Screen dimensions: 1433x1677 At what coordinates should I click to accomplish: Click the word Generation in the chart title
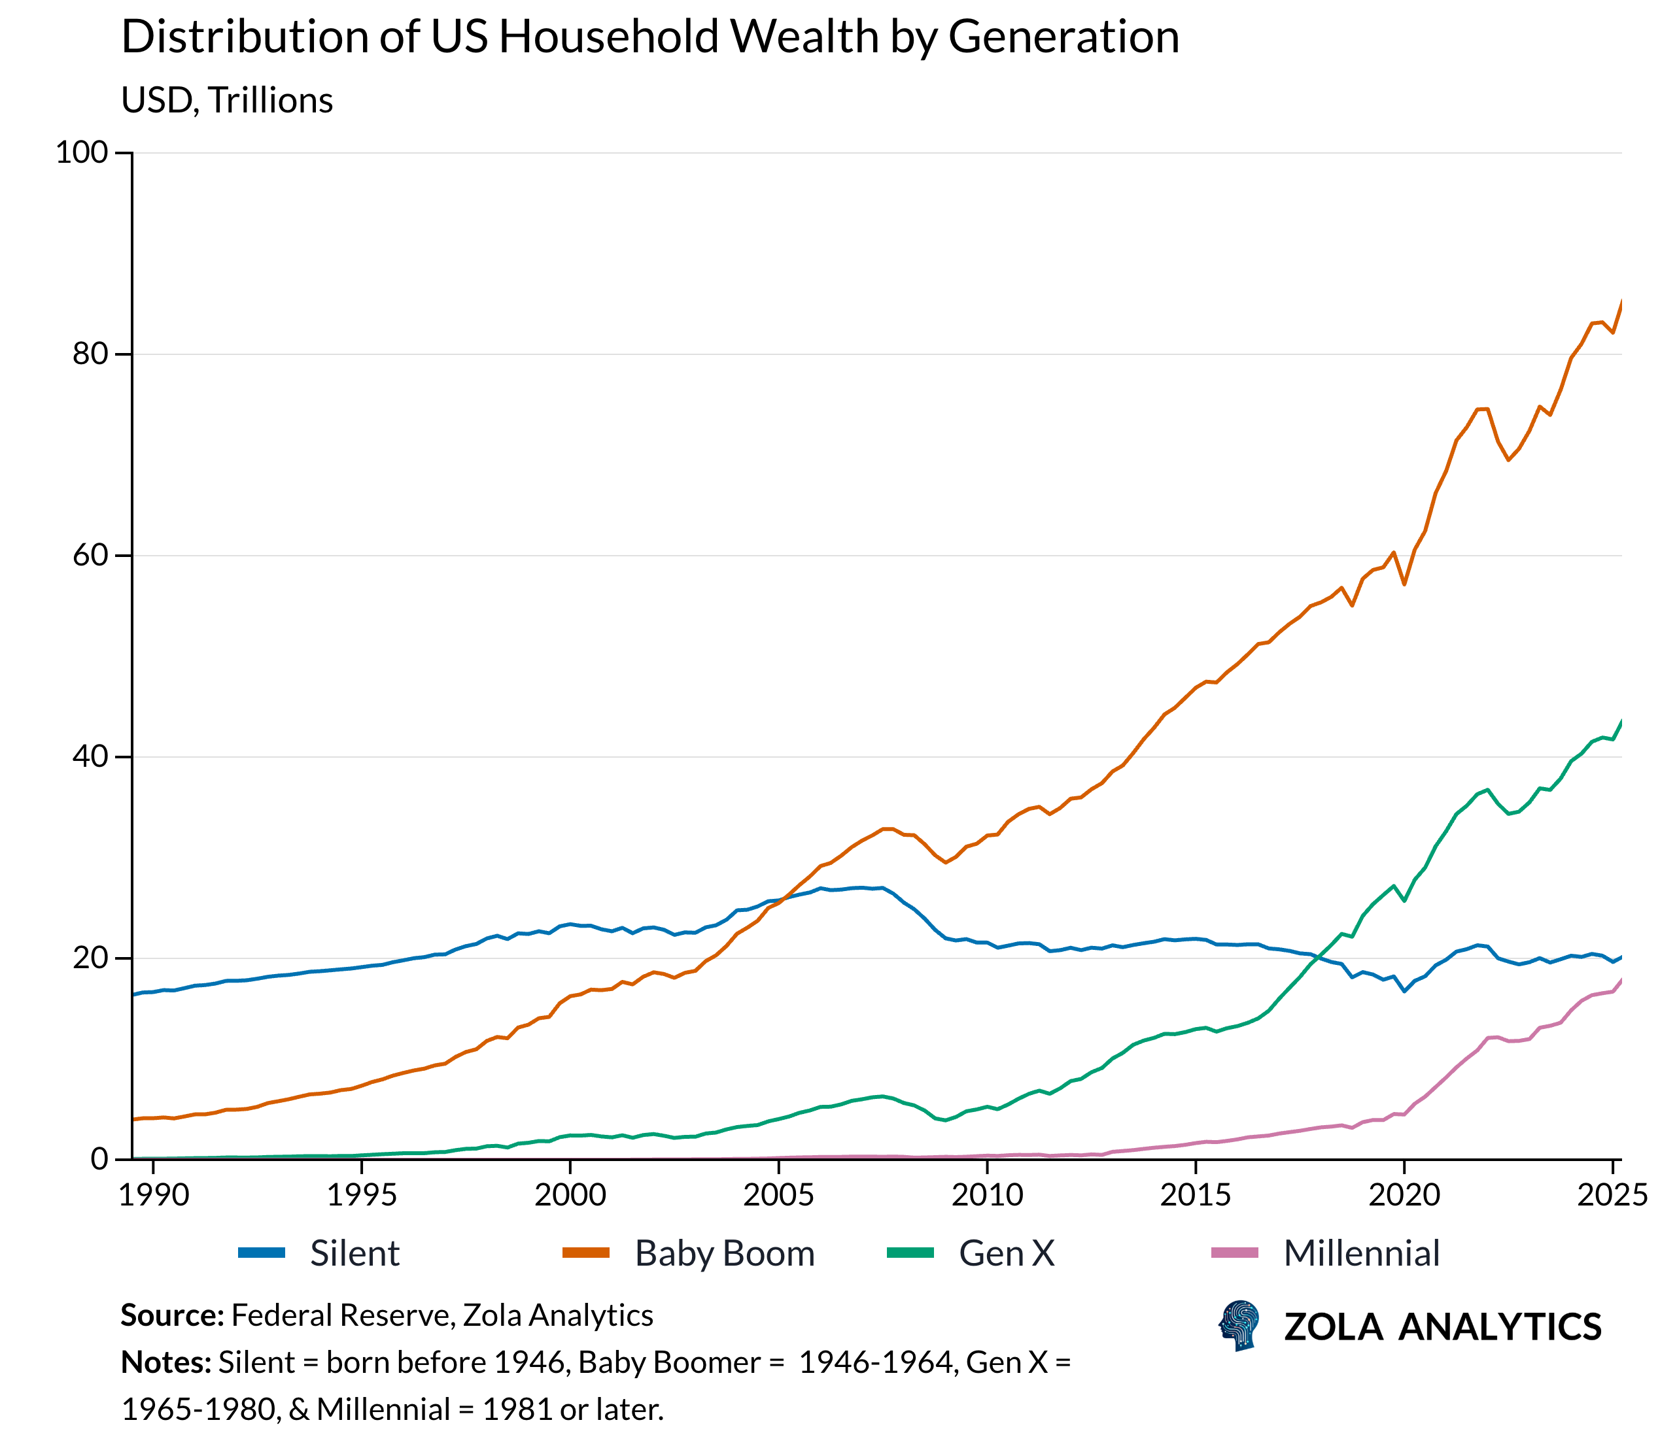pyautogui.click(x=1063, y=37)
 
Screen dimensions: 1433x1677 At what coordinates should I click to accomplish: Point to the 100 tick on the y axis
pyautogui.click(x=82, y=152)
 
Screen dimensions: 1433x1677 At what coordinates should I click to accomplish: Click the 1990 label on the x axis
pyautogui.click(x=153, y=1194)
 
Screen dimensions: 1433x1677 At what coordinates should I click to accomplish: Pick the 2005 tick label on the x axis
pyautogui.click(x=778, y=1194)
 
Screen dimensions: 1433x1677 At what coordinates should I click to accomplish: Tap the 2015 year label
pyautogui.click(x=1194, y=1194)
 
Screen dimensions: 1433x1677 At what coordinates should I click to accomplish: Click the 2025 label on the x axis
pyautogui.click(x=1612, y=1194)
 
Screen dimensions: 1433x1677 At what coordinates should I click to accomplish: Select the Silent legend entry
pyautogui.click(x=354, y=1253)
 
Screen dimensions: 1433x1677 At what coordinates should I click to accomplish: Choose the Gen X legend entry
pyautogui.click(x=1006, y=1253)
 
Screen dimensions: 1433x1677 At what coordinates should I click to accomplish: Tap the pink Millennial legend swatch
pyautogui.click(x=1234, y=1253)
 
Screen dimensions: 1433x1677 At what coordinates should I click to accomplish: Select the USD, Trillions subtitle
pyautogui.click(x=226, y=100)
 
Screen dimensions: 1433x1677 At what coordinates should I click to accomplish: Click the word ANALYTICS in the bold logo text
pyautogui.click(x=1499, y=1327)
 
